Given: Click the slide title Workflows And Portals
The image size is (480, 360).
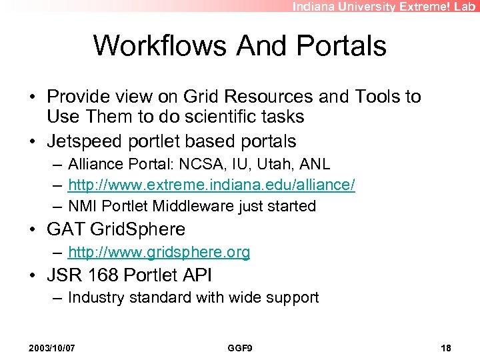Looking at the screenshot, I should (x=239, y=45).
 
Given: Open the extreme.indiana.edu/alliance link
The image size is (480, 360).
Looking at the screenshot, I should (x=211, y=185).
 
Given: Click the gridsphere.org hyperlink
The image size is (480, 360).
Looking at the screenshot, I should (x=159, y=252).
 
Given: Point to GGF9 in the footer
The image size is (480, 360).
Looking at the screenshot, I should (x=239, y=348).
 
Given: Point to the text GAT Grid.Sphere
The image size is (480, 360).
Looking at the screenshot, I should (x=115, y=229).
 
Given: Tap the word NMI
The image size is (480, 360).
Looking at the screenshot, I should (x=82, y=207).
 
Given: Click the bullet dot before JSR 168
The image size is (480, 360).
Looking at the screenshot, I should (x=33, y=275).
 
